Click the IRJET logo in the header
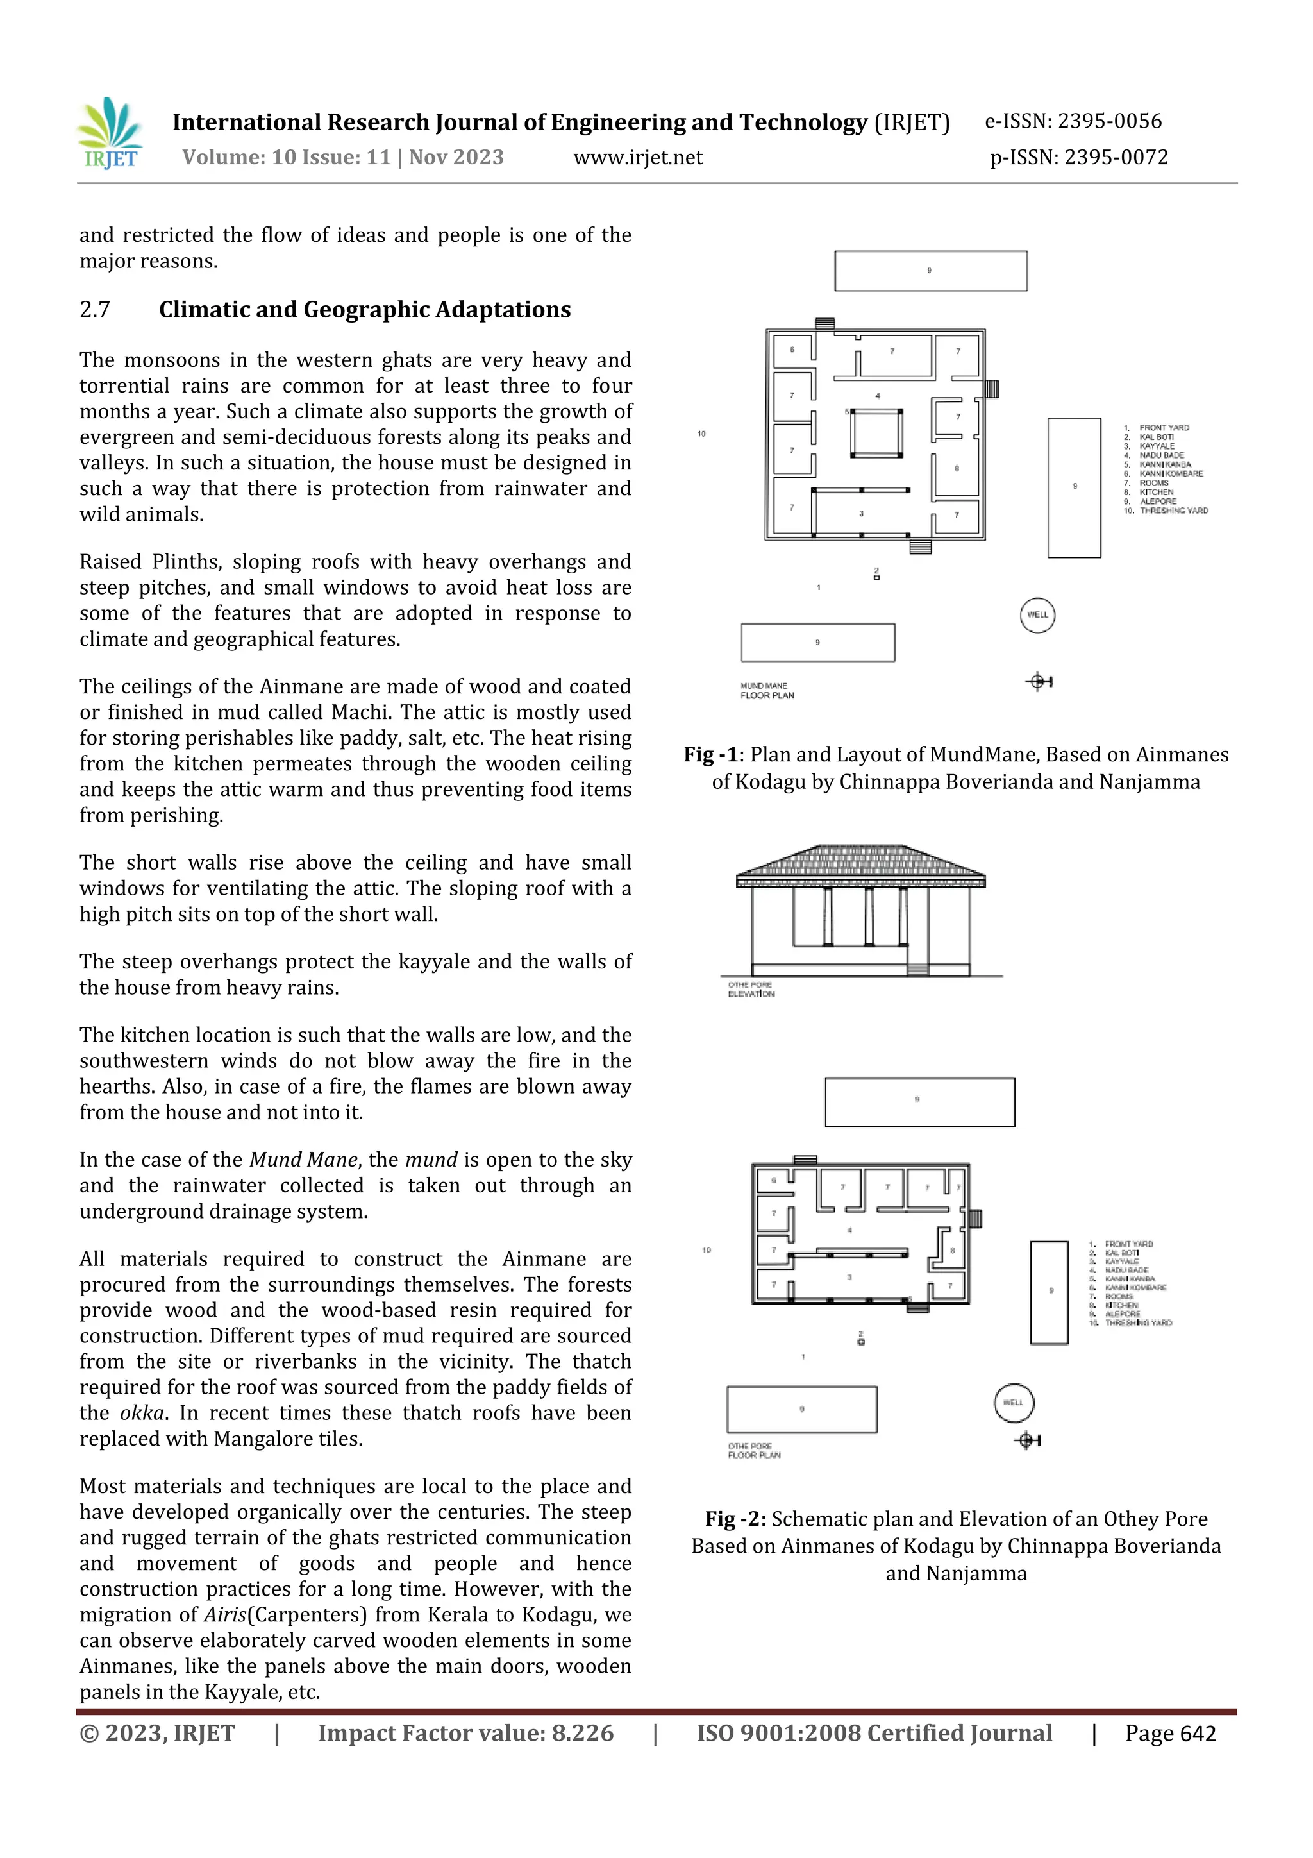click(x=110, y=133)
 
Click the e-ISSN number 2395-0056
click(x=1109, y=121)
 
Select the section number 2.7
click(x=95, y=310)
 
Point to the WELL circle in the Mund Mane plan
click(x=1037, y=615)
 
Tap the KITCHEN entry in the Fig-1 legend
click(x=1156, y=492)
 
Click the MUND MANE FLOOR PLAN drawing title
click(x=766, y=690)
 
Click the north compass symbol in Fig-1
click(x=1039, y=682)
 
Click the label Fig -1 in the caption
click(x=710, y=755)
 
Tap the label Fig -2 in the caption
click(x=735, y=1519)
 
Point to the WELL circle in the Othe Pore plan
click(x=1014, y=1403)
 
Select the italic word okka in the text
click(x=142, y=1414)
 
